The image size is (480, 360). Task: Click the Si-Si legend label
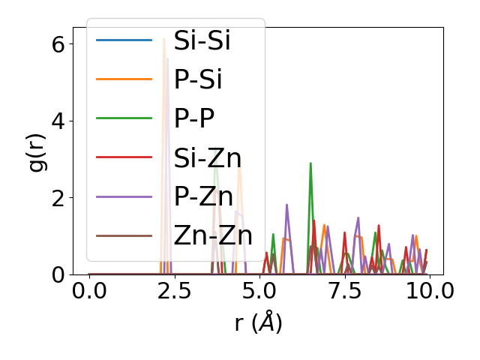202,40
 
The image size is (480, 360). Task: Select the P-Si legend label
197,79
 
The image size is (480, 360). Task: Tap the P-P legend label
193,118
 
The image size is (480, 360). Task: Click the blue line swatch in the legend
124,40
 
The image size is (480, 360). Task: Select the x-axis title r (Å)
259,323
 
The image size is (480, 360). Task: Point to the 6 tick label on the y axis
58,43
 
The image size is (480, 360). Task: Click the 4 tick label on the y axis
58,121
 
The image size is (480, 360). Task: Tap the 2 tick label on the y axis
58,198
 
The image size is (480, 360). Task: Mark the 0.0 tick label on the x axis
89,292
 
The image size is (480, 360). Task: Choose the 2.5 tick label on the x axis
174,292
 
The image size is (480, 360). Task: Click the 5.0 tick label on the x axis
259,292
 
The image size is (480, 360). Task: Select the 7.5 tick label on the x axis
344,292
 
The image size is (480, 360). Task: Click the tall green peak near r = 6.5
310,163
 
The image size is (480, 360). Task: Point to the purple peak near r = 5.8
286,205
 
